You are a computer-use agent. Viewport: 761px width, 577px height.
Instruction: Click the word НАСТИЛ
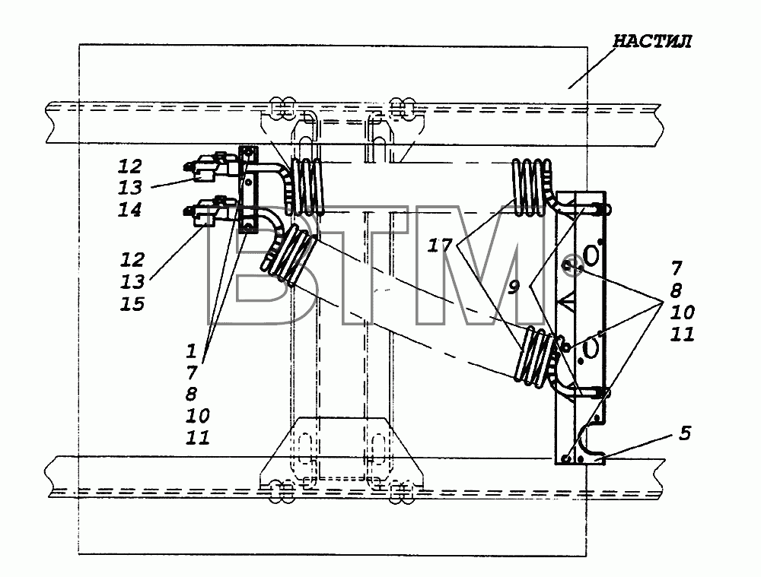tap(652, 41)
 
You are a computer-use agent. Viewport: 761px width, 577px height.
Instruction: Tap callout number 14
tap(130, 210)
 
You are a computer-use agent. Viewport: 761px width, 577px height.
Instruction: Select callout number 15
tap(132, 304)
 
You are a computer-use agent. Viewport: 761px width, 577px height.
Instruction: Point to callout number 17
tap(440, 246)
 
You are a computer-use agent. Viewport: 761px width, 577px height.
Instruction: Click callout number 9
tap(514, 287)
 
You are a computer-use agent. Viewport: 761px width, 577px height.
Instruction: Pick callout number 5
tap(684, 433)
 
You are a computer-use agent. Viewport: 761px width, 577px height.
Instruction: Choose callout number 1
tap(191, 350)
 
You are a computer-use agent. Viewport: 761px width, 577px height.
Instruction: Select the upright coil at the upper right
tap(531, 187)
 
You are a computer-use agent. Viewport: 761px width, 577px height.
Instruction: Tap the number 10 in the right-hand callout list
tap(683, 312)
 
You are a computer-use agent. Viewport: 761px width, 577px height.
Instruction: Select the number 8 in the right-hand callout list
tap(677, 291)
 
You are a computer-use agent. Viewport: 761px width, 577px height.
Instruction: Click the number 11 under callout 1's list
tap(198, 437)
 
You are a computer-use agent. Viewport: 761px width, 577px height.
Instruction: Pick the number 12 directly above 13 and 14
tap(130, 166)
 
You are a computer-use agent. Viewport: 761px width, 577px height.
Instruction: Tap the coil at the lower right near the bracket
tap(539, 357)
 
